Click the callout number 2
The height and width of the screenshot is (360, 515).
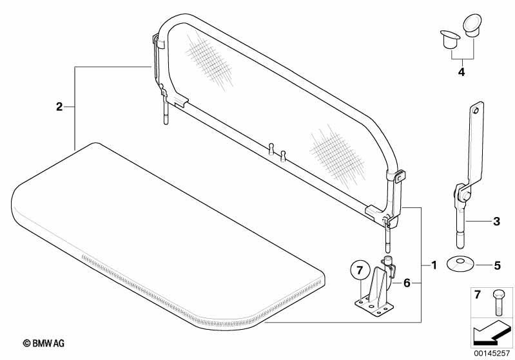tap(59, 107)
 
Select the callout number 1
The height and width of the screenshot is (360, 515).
tap(434, 265)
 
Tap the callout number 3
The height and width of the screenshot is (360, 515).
tap(496, 222)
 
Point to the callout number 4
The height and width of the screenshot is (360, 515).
tap(462, 72)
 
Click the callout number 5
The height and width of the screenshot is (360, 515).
tap(497, 265)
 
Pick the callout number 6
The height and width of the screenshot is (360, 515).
tap(407, 283)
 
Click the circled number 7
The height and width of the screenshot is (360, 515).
tap(360, 270)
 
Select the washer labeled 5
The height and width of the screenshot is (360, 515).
tap(460, 264)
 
